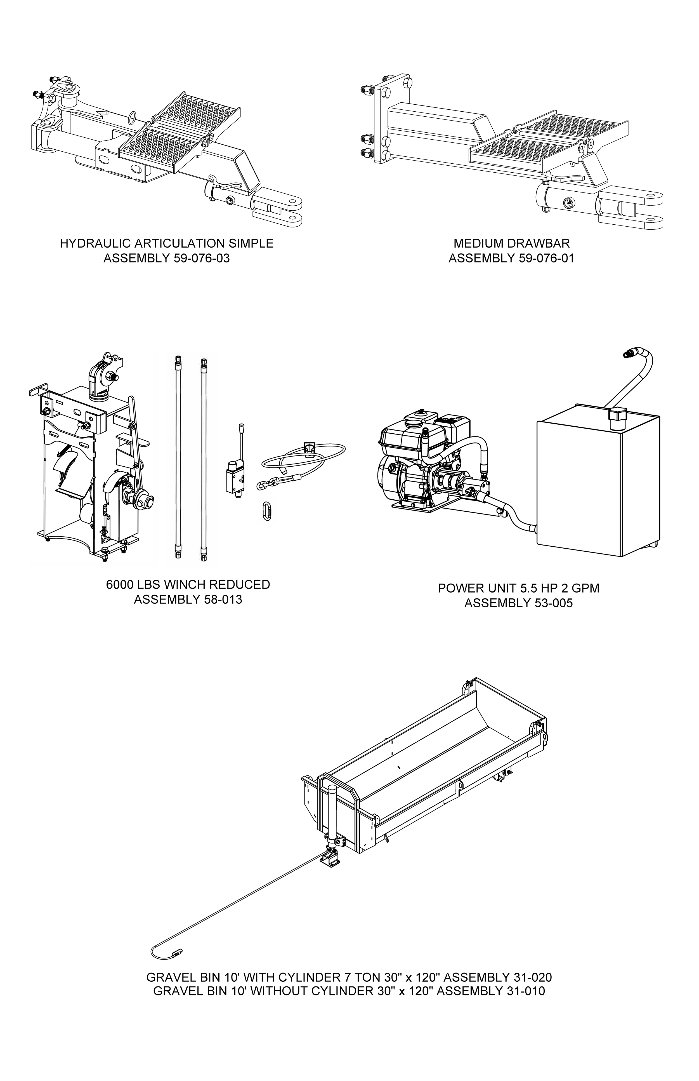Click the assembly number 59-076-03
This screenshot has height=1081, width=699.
click(202, 258)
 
